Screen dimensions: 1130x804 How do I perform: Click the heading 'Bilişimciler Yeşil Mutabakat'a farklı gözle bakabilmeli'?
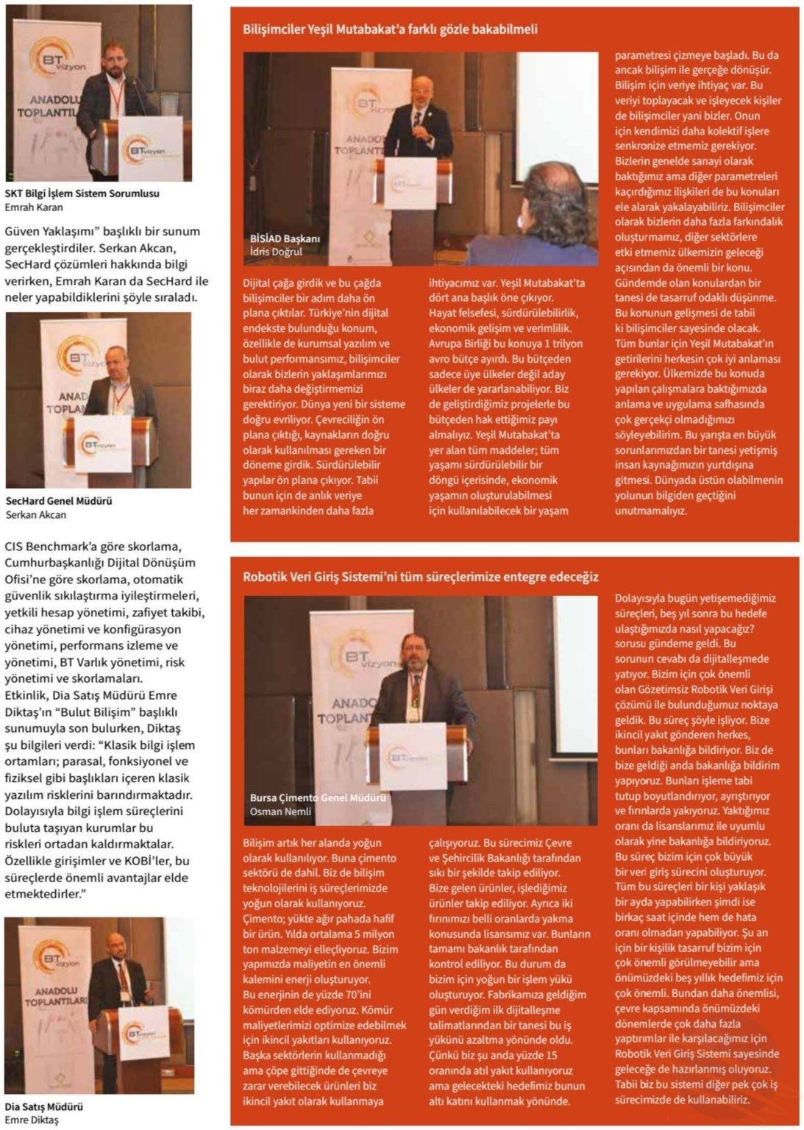pyautogui.click(x=390, y=30)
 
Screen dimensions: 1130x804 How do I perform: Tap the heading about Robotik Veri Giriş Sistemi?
pyautogui.click(x=421, y=577)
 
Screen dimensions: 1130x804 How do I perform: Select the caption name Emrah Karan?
pyautogui.click(x=34, y=207)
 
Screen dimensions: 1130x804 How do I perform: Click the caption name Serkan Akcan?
pyautogui.click(x=35, y=515)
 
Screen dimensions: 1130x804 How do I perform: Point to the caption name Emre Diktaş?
pyautogui.click(x=32, y=1120)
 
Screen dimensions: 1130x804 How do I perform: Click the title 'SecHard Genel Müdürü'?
pyautogui.click(x=59, y=501)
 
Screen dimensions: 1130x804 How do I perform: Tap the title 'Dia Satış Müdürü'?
pyautogui.click(x=44, y=1106)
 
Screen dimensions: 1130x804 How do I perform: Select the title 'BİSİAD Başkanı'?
pyautogui.click(x=285, y=238)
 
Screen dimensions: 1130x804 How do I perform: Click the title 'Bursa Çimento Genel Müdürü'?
pyautogui.click(x=319, y=797)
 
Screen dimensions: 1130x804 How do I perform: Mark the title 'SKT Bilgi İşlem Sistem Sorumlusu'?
pyautogui.click(x=82, y=193)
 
